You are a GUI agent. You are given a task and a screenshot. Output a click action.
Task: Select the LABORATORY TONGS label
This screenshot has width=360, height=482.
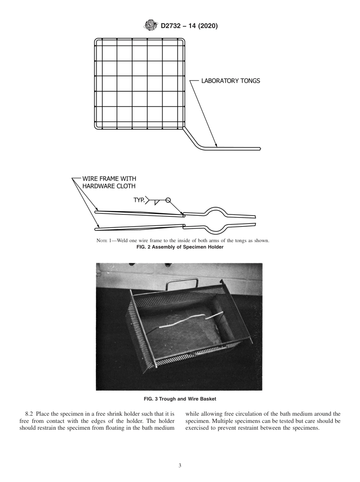coord(230,81)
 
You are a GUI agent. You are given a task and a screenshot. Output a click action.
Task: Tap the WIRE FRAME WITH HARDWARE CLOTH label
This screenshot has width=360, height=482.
coord(109,182)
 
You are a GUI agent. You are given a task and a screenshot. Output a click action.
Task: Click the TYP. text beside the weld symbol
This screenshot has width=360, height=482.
coord(139,200)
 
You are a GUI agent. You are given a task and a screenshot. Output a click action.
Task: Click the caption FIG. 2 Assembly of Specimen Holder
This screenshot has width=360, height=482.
coord(180,247)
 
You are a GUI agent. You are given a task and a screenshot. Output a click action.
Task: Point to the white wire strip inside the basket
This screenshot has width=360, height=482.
coord(189,321)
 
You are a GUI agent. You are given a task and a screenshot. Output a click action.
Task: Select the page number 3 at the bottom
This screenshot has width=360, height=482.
coord(180,466)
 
